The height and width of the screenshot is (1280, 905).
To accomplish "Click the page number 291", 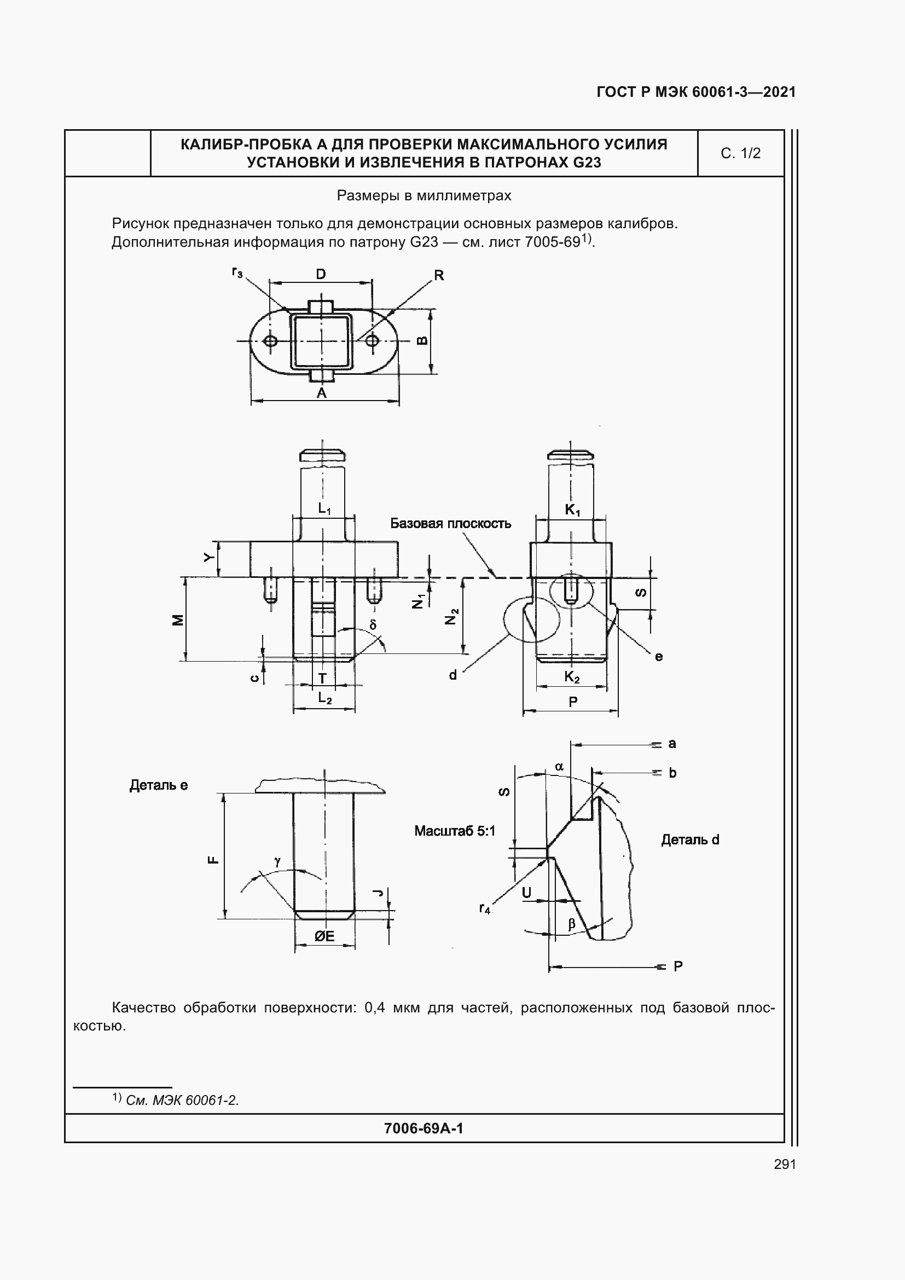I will click(785, 1164).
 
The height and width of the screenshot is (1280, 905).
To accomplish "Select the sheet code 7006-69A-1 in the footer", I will click(424, 1128).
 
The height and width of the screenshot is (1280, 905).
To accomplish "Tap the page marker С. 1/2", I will click(740, 153).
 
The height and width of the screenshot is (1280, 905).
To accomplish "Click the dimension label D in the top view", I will click(321, 274).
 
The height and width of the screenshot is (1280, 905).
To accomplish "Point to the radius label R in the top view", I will click(439, 275).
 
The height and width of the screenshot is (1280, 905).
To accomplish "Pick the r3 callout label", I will click(237, 273).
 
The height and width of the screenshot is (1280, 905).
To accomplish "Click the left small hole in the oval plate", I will click(271, 340).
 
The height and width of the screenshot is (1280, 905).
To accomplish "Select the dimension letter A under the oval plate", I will click(322, 393).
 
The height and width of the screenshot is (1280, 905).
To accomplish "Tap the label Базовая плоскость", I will click(450, 524).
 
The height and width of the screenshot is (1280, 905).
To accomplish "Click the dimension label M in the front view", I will click(178, 620).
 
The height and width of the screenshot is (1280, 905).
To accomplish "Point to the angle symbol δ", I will click(373, 625).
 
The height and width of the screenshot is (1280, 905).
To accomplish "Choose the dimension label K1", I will click(572, 509).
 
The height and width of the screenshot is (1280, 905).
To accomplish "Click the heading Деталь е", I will click(159, 785).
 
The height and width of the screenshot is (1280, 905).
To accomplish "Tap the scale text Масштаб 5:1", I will click(455, 831).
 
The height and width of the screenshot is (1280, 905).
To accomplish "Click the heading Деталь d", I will click(690, 839).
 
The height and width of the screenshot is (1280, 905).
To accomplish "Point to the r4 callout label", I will click(485, 910).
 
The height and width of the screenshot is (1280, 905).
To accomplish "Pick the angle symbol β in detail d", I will click(571, 924).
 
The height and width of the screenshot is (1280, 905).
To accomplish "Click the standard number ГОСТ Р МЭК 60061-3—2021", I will click(696, 92).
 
